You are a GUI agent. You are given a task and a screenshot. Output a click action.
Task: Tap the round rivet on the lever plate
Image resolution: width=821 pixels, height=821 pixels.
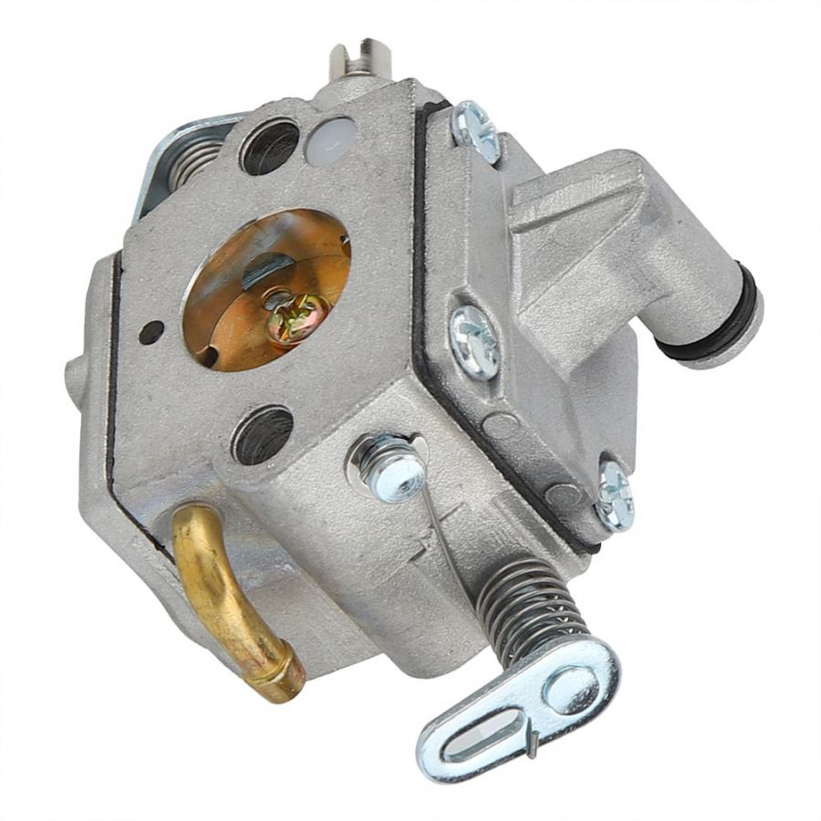tap(571, 687)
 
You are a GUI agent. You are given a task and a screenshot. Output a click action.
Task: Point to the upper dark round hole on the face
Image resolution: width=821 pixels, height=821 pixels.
tap(270, 146)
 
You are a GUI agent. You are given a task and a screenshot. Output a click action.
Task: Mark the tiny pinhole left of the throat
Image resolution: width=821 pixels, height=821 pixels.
tap(151, 332)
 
